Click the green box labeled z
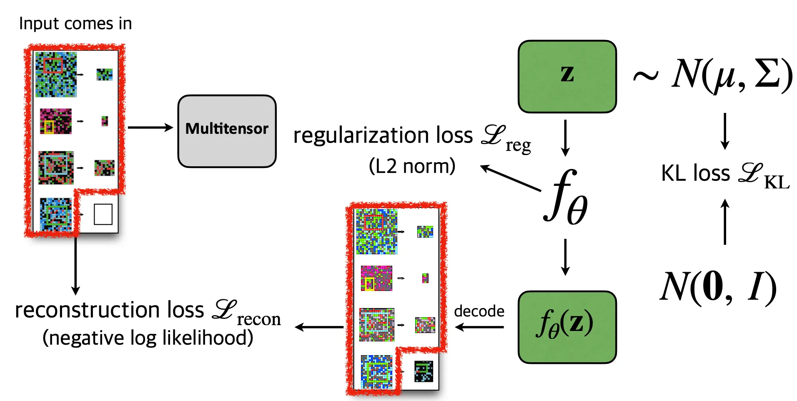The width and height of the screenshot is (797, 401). point(567,76)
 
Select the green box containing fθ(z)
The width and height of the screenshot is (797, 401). point(567,327)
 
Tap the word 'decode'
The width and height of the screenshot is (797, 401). point(479,311)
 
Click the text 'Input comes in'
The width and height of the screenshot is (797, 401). point(75,24)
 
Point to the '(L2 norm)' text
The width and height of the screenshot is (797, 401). point(412,166)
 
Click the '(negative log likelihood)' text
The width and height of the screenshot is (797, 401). point(148,338)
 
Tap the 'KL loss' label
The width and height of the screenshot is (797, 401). point(695,173)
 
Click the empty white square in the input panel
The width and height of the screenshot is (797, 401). point(103,214)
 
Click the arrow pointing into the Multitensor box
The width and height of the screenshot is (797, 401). point(150,127)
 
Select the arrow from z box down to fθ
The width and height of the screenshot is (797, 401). point(565,138)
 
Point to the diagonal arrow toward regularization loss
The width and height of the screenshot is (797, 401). point(510,178)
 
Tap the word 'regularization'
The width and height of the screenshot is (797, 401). point(361,135)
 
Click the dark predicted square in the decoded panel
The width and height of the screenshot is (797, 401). point(424,371)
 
